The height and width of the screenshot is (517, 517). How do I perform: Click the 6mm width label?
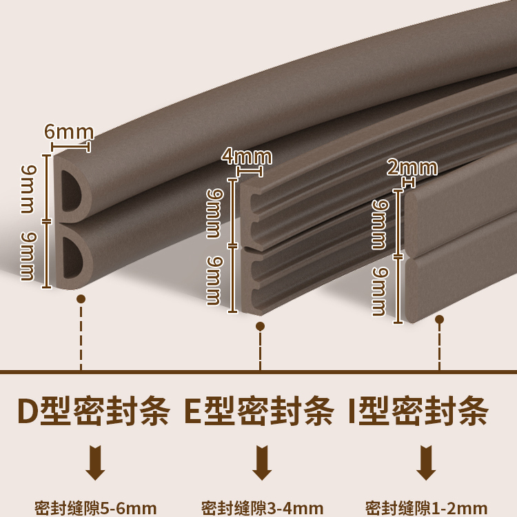point(69,131)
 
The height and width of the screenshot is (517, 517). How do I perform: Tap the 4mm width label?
point(247,156)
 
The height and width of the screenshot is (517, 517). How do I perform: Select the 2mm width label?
point(412,168)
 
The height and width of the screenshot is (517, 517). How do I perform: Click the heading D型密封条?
point(93,412)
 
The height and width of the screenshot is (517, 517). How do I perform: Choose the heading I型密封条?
point(419,412)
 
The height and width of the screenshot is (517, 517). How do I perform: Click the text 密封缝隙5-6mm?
point(95,507)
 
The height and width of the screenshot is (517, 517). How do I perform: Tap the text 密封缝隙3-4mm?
point(261,507)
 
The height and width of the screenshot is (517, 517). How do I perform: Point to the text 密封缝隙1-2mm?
point(426,507)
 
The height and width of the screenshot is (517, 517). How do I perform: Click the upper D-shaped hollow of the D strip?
point(72,190)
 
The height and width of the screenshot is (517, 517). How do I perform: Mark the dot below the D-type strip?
point(81,299)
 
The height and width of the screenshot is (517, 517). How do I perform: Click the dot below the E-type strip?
point(260,326)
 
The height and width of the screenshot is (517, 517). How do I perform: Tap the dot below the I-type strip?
point(440,320)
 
